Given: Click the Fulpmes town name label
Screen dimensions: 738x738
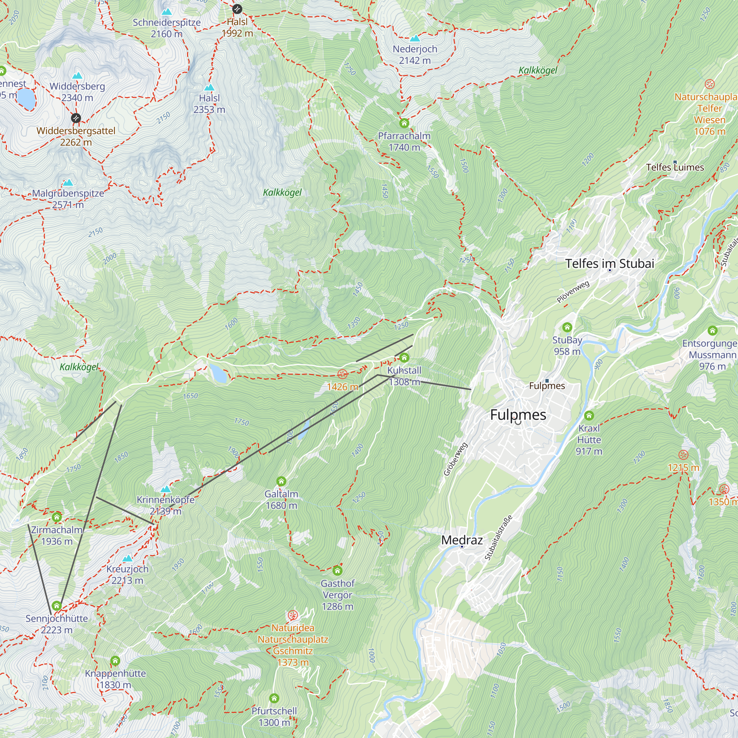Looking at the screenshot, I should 518,414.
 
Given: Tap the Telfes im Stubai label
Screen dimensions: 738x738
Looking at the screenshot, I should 610,263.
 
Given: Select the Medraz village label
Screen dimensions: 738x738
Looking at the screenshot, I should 462,540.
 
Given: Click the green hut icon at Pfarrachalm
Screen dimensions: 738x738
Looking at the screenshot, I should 404,123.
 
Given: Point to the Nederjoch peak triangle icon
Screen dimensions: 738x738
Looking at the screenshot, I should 415,38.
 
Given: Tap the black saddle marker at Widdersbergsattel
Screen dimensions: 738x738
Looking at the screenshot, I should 76,118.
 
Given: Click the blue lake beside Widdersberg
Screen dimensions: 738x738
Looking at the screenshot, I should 26,99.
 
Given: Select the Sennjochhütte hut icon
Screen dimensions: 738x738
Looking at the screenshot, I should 56,606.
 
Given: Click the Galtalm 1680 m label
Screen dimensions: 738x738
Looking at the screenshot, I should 282,500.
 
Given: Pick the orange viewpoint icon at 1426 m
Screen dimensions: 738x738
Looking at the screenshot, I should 342,374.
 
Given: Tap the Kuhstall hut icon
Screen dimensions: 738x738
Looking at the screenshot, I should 404,358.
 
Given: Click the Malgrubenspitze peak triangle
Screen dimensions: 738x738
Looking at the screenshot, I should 68,183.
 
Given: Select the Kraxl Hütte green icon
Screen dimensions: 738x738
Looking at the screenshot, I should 589,415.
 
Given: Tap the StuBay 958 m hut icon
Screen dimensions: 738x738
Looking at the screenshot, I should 567,327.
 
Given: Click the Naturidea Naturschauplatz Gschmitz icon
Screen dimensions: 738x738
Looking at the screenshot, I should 293,615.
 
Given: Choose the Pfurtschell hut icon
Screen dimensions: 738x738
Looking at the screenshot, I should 274,699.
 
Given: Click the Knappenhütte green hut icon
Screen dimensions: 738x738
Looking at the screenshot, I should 115,661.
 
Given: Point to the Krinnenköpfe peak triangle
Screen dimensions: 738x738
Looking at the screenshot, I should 166,489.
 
